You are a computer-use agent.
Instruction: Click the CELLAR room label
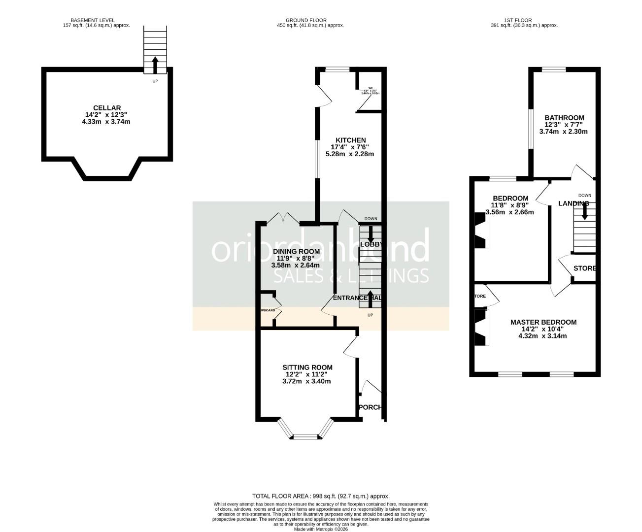pos(107,108)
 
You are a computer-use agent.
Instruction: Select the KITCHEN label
pos(351,140)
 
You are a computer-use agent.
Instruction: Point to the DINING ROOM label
pos(296,251)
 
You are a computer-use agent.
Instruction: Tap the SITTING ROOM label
pos(307,367)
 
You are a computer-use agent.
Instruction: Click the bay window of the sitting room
pos(306,435)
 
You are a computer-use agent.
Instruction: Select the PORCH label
pos(370,407)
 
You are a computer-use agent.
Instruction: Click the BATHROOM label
pos(564,118)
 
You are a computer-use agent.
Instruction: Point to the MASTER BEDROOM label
pos(543,322)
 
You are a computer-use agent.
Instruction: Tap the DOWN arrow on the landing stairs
pos(585,212)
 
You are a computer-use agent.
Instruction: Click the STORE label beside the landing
pos(585,268)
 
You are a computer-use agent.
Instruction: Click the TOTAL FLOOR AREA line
pos(321,496)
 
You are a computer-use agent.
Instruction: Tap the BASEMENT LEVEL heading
pos(93,20)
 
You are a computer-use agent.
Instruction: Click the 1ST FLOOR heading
pos(518,20)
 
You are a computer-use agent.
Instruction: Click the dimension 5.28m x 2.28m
pos(350,154)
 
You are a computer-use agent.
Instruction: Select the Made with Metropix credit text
pos(321,529)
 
